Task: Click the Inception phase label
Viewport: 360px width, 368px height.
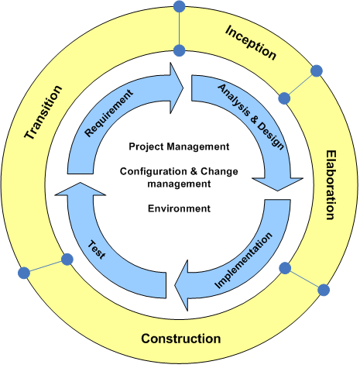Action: (251, 43)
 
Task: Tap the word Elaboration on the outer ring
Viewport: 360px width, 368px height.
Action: (331, 185)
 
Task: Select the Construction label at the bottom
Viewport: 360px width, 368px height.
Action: (181, 339)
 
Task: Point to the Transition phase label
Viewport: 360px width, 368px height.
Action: (43, 112)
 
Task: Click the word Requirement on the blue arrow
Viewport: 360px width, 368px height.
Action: (109, 113)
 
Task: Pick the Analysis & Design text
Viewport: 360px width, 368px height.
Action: (251, 117)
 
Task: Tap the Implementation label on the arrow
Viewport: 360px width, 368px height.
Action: (243, 260)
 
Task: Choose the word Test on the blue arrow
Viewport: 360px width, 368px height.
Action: (97, 249)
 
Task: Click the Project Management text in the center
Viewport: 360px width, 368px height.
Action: (179, 146)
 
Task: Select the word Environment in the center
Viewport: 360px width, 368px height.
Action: (179, 208)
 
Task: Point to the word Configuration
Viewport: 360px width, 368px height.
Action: (153, 171)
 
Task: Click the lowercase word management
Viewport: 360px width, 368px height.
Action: (179, 184)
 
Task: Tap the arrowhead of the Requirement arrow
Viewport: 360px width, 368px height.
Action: (177, 88)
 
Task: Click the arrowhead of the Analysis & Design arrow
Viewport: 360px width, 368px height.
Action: (277, 184)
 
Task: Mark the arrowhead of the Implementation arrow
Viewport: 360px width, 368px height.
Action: (181, 285)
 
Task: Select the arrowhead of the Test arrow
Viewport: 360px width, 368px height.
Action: (81, 189)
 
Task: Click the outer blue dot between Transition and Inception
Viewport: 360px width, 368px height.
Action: (180, 6)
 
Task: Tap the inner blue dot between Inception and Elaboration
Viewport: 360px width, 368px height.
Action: (284, 98)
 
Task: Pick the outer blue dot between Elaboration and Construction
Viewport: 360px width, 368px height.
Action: (324, 290)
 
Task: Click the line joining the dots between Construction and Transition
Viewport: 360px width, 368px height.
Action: (46, 267)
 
